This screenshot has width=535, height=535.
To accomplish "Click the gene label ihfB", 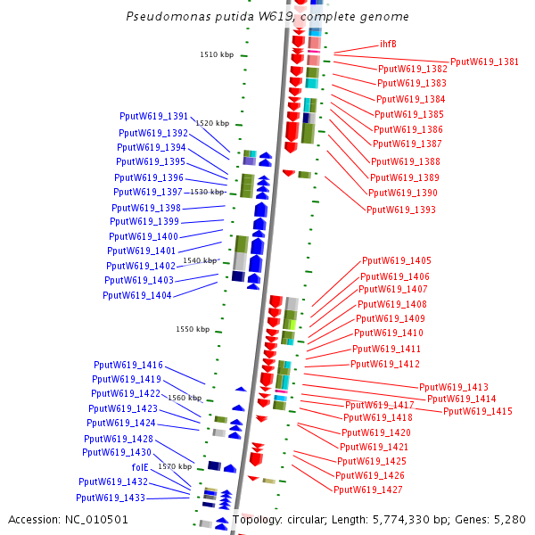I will [388, 44].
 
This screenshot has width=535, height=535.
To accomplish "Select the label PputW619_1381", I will [484, 62].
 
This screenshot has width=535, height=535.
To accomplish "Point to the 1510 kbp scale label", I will [217, 55].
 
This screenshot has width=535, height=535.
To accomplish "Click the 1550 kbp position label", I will [193, 330].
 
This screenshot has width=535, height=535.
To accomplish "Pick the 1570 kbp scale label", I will [175, 466].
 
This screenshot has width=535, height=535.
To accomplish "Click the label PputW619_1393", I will [401, 210].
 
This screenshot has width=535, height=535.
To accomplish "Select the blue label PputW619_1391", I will [154, 117].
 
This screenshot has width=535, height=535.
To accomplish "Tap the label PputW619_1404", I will [137, 295].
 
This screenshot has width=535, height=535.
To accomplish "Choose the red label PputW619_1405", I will [397, 261].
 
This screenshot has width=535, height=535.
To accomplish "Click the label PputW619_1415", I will [478, 412].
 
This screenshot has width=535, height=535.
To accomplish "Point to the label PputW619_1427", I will [368, 490].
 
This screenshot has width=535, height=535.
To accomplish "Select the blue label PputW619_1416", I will [128, 366].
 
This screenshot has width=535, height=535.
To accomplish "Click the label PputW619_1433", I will [111, 498].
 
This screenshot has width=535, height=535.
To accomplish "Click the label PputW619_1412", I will [385, 365].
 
